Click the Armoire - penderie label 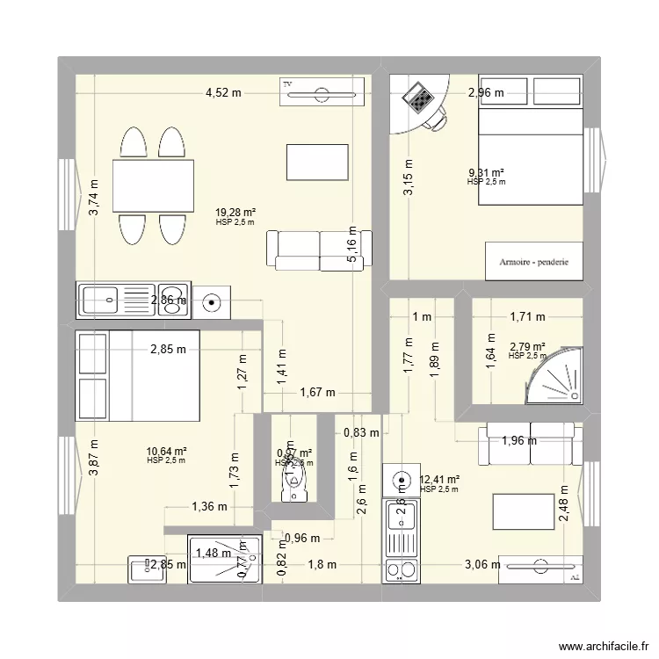[534, 262]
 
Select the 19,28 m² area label [235, 212]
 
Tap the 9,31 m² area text [486, 173]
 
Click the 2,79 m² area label [527, 346]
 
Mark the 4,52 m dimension [223, 91]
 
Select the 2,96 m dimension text [486, 91]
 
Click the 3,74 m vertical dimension [94, 198]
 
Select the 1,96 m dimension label [518, 442]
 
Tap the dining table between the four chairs [154, 185]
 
